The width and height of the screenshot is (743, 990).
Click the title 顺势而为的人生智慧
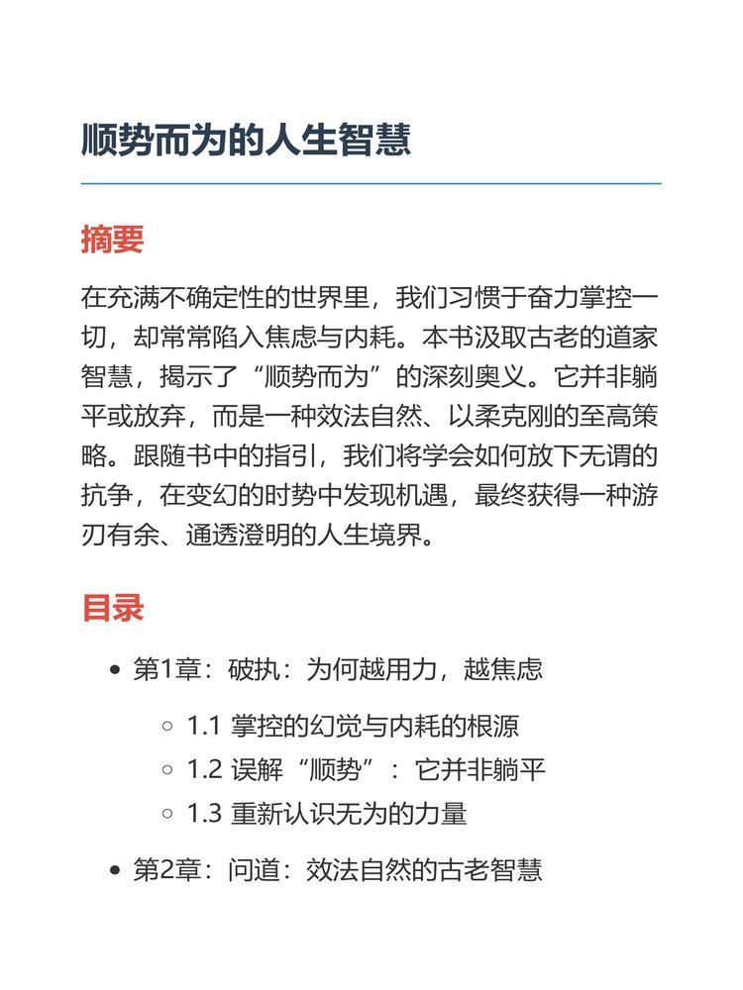coord(246,140)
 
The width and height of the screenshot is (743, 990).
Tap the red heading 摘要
coord(113,239)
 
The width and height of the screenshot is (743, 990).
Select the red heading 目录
coord(113,607)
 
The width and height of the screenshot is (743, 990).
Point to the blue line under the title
coord(371,184)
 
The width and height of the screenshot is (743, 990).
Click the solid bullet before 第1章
coord(115,670)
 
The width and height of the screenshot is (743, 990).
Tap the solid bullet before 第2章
coord(115,872)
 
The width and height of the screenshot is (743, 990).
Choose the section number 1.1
coord(203,726)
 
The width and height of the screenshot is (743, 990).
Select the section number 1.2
coord(203,770)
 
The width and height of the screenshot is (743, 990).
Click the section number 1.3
coord(203,815)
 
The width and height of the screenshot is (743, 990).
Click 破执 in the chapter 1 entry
coord(256,670)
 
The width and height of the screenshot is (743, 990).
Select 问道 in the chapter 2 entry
coord(256,872)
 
